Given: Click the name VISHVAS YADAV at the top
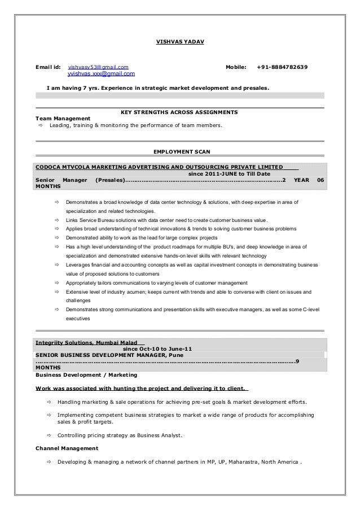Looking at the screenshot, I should tap(180, 43).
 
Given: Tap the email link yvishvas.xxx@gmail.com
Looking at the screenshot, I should tap(101, 74).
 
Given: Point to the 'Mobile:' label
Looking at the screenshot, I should tap(236, 68).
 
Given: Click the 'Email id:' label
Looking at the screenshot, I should tap(48, 68).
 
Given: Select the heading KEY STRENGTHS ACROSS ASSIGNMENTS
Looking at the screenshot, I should tap(179, 112).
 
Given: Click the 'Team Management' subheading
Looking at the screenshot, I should tap(63, 119).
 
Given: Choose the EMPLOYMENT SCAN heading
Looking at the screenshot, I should tap(179, 151).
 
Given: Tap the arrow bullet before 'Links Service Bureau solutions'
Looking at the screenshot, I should tap(56, 220).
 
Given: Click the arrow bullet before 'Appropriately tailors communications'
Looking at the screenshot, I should tap(56, 282).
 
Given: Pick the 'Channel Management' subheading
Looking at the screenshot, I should tap(67, 448).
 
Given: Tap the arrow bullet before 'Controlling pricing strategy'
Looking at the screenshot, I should tap(49, 435).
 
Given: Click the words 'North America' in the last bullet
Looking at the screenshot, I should tap(280, 461).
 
